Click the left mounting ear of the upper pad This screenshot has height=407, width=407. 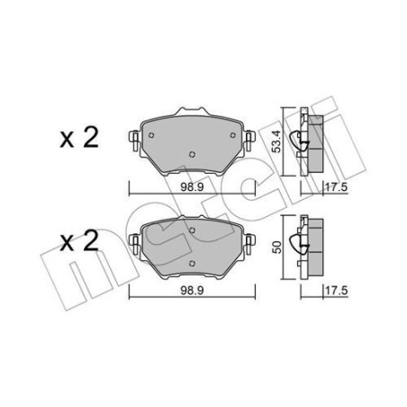point(133,140)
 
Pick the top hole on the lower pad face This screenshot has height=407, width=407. point(193,231)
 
